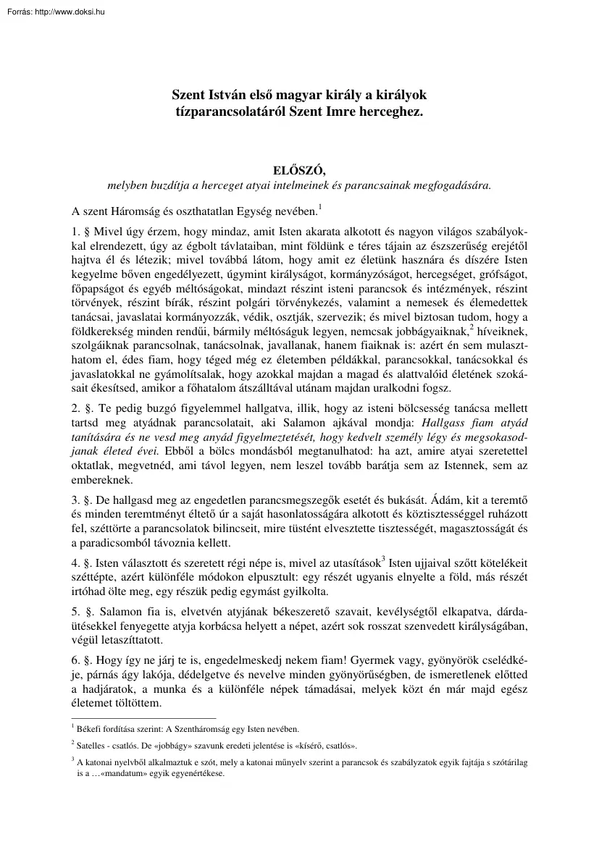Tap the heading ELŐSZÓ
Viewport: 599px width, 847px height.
coord(298,171)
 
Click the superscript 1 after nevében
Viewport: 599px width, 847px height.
coord(319,208)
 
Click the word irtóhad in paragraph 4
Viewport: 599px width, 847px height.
coord(90,588)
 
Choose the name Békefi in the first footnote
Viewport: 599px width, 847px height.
coord(91,729)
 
